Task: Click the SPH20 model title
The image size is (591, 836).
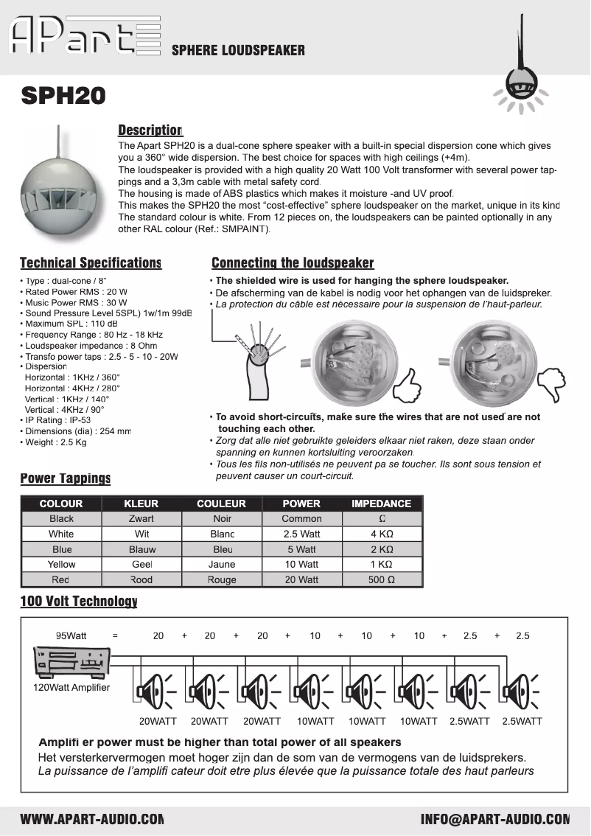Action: tap(63, 96)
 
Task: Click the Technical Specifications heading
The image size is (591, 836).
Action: tap(91, 263)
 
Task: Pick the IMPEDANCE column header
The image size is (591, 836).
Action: tap(381, 504)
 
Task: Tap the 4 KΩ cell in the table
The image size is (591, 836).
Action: tap(381, 534)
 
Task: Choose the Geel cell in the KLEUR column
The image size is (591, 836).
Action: tap(141, 564)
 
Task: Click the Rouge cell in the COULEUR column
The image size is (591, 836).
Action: tap(222, 579)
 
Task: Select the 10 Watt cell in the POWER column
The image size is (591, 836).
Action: tap(301, 564)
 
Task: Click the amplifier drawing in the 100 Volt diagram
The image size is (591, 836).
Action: tap(71, 661)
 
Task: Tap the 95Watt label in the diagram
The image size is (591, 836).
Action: tap(71, 635)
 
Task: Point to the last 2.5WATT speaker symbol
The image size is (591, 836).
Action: tap(521, 692)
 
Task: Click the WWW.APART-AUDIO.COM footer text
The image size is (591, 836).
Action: tap(92, 819)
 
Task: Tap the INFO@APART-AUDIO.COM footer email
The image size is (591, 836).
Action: tap(495, 819)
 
